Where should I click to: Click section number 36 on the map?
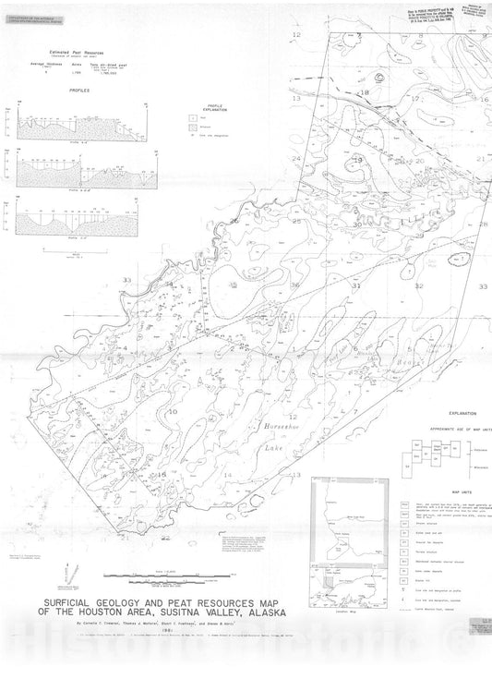295,285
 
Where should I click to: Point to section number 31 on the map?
355,286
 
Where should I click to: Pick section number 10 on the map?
173,409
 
